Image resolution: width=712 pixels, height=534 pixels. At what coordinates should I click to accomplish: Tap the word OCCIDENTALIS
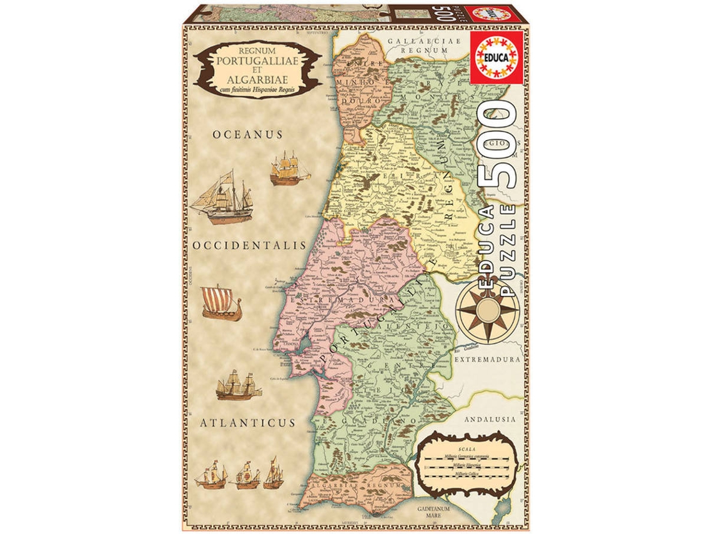[250, 245]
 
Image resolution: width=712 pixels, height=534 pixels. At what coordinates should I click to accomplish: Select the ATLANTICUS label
[247, 423]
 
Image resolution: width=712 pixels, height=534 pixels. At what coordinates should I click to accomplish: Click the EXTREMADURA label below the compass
[487, 360]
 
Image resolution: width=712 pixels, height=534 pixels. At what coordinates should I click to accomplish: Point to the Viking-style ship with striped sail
[220, 303]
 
